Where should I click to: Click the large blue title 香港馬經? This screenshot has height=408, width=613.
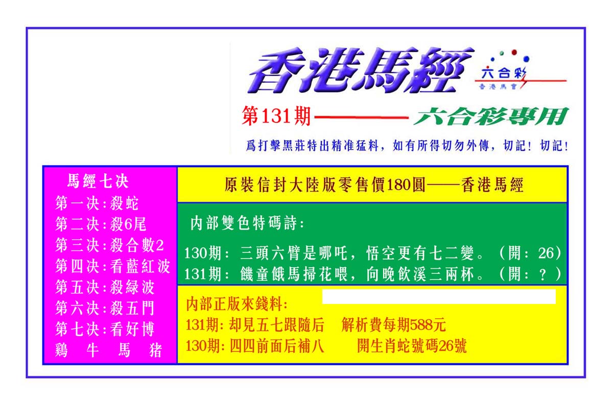[x=361, y=70]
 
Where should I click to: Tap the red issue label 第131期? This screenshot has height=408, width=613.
[x=276, y=116]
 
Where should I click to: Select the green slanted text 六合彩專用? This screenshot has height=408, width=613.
[x=491, y=116]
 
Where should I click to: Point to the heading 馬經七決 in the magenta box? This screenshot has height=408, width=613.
[x=98, y=181]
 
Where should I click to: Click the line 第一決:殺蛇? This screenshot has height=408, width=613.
[x=97, y=203]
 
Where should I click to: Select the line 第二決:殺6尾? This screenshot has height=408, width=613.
[x=101, y=224]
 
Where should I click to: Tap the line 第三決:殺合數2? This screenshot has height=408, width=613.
[x=109, y=245]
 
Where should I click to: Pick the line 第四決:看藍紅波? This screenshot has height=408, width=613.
[x=113, y=266]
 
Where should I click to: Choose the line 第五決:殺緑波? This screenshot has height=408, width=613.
[x=105, y=287]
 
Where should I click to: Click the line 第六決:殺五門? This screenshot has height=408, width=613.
[x=105, y=308]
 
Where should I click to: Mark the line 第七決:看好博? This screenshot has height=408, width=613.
[x=105, y=329]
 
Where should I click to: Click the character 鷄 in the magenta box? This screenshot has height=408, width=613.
[x=61, y=350]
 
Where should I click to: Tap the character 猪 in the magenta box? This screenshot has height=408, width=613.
[x=156, y=350]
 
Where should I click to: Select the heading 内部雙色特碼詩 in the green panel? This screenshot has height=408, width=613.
[x=244, y=223]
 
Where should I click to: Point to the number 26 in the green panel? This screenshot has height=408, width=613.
[x=546, y=253]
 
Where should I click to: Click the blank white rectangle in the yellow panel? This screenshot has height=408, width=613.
[x=439, y=296]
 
